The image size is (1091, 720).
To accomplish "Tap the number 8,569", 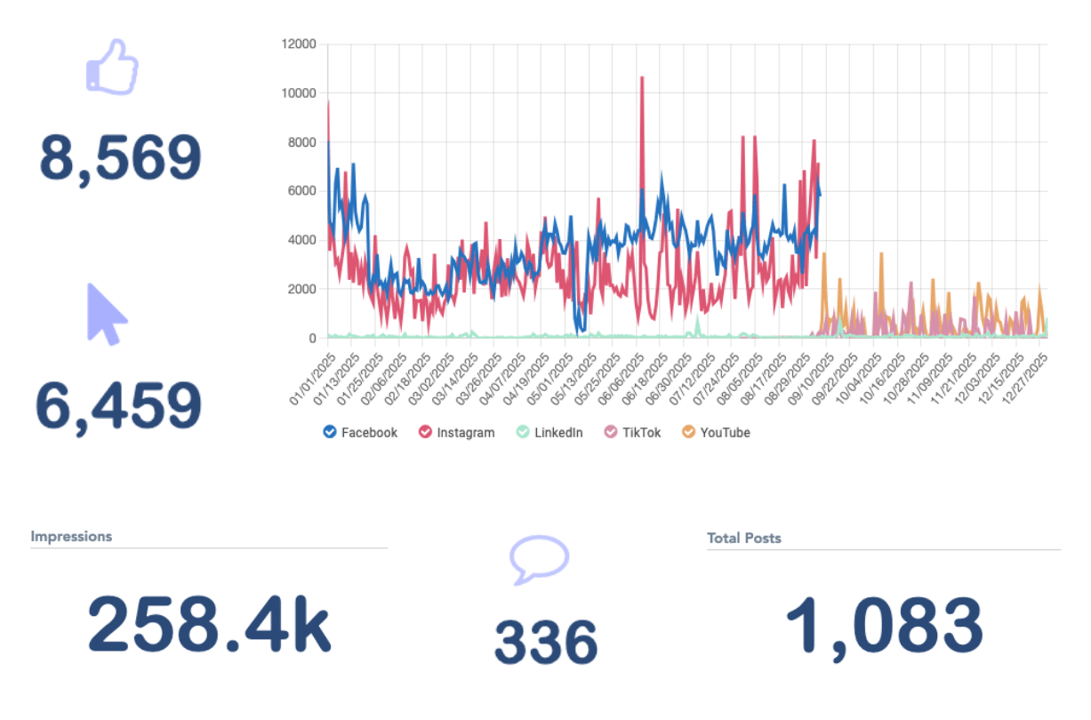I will click(x=120, y=159).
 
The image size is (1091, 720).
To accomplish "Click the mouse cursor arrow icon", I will click(x=107, y=314).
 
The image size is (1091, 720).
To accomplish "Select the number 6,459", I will click(x=118, y=406).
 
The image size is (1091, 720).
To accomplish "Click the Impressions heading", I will click(x=71, y=537).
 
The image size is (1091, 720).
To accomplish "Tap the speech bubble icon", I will click(x=539, y=559).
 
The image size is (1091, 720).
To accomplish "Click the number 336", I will click(x=546, y=642).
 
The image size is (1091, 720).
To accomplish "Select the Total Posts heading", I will click(x=744, y=538).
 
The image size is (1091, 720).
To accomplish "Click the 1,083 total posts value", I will click(x=884, y=627).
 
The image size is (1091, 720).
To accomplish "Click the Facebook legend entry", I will click(x=360, y=433).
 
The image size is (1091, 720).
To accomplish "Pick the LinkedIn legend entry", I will click(x=549, y=433).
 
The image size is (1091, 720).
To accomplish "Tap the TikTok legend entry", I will click(x=632, y=433).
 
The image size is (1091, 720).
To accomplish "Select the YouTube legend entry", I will click(x=716, y=433).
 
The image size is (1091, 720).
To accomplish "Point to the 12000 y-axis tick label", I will click(x=299, y=44).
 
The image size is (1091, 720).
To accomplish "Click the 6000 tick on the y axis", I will click(x=302, y=191).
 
